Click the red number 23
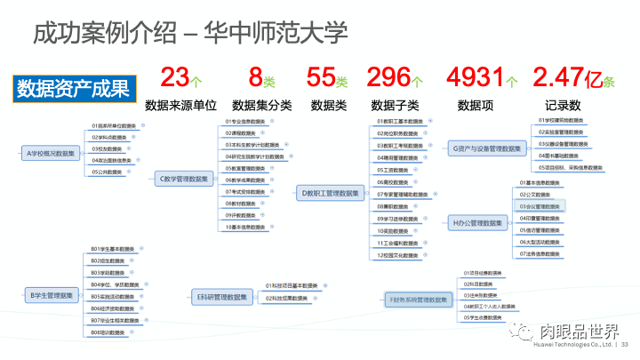tap(174, 77)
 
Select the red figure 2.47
tap(564, 77)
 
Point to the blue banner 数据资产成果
tap(73, 88)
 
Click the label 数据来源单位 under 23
tap(181, 105)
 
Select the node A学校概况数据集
tap(50, 154)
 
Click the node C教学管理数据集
tap(183, 179)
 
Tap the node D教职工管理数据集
tap(330, 192)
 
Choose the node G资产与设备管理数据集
tap(486, 148)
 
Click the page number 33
tap(625, 345)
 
